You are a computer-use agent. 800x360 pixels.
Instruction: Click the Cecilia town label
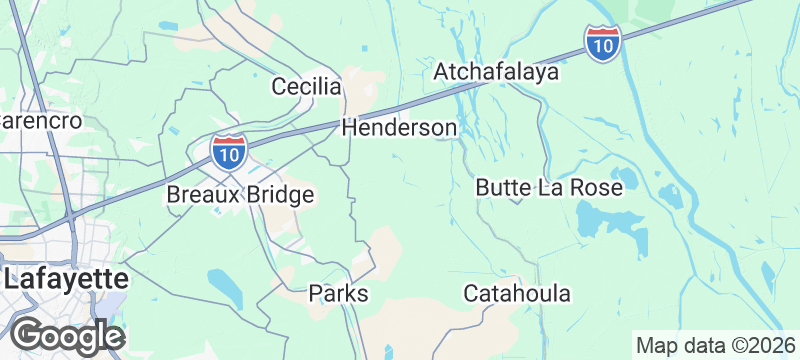307,87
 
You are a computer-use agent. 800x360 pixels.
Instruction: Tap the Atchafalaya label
495,73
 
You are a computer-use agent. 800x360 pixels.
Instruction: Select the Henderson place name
399,128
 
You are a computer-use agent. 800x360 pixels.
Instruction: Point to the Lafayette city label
65,279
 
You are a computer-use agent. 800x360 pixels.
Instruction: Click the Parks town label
338,294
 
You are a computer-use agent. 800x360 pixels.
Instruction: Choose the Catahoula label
517,294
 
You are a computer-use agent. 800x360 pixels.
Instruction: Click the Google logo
67,335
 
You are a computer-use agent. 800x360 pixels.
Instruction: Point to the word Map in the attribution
658,346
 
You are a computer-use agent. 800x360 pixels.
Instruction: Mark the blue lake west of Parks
224,287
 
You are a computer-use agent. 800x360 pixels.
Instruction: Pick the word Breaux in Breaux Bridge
199,194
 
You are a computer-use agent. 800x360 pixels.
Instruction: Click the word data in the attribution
704,346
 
